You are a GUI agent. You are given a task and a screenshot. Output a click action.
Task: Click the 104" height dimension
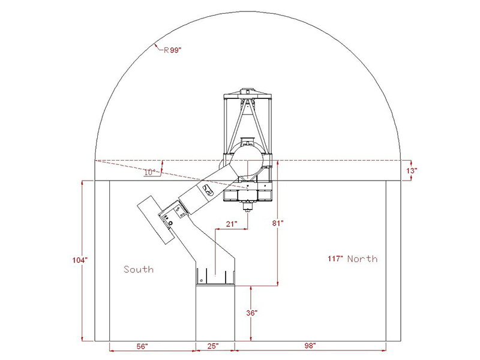[x=81, y=259]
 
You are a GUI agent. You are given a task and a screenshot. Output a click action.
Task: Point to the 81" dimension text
[x=277, y=223]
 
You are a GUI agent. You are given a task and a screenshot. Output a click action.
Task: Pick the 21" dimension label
[x=232, y=223]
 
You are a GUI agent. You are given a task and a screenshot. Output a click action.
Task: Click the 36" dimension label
[x=251, y=313]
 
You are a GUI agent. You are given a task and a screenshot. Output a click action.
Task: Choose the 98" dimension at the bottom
[x=309, y=346]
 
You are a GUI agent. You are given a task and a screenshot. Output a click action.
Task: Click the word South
[x=138, y=269]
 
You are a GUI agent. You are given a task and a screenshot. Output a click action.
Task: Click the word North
[x=362, y=259]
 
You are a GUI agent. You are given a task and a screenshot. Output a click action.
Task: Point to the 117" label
[x=335, y=259]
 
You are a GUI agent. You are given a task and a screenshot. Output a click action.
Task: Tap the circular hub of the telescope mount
[x=247, y=160]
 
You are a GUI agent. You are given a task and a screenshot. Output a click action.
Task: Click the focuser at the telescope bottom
[x=247, y=208]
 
